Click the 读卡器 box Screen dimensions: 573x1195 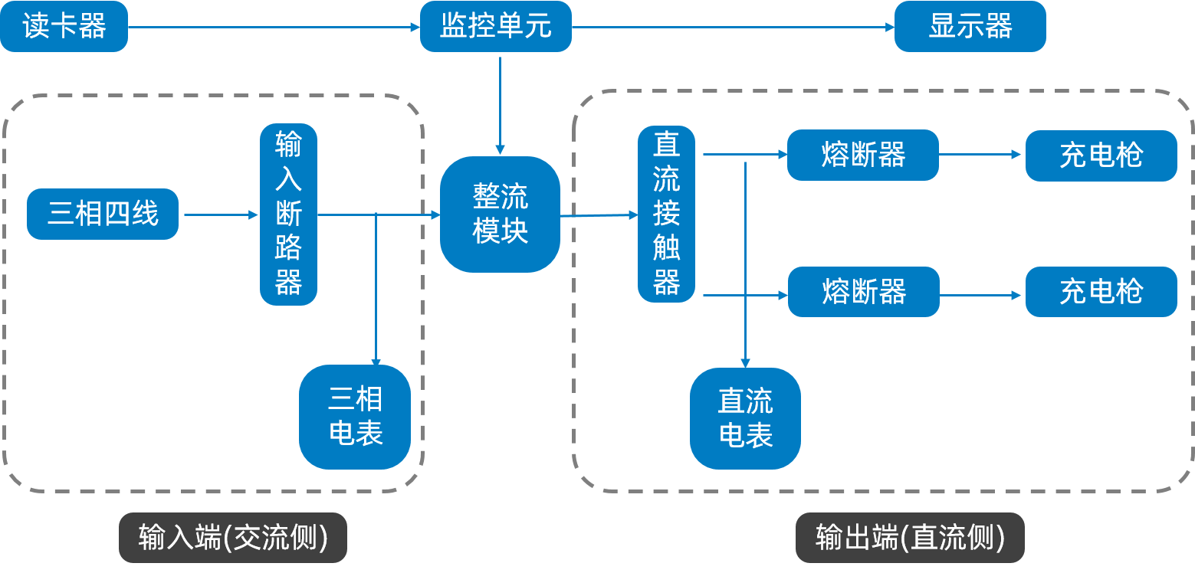tap(64, 27)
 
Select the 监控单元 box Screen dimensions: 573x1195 tap(495, 27)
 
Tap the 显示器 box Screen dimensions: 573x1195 tap(970, 27)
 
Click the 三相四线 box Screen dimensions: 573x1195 tap(103, 214)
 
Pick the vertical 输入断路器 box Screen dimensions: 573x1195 tap(288, 214)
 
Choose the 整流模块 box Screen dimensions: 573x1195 tap(500, 214)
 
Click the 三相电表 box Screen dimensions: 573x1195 tap(355, 417)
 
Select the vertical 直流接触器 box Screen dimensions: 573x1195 tap(666, 214)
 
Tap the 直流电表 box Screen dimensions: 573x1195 tap(745, 418)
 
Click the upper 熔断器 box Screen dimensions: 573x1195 tap(862, 155)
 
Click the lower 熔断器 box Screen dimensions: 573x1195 tap(863, 292)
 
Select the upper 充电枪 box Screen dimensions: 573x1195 tap(1101, 156)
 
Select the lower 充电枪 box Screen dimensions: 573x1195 tap(1101, 292)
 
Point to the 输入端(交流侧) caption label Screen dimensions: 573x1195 tap(233, 538)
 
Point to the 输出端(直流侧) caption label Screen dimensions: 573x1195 tap(910, 538)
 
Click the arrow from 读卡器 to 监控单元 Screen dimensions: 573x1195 tap(274, 27)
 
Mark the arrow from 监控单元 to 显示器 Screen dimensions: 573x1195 tap(733, 27)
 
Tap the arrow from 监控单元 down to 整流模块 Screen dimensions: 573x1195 tap(500, 104)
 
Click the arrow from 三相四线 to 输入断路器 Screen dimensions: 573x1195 tap(221, 215)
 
